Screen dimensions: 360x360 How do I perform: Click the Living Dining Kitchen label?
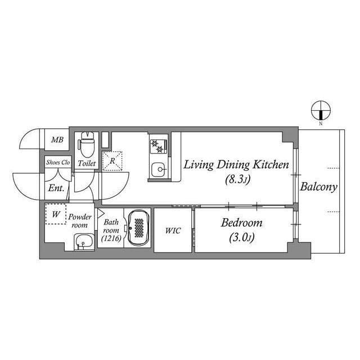click(x=236, y=165)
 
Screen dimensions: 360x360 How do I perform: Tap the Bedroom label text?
click(x=241, y=223)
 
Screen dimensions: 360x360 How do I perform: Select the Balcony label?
click(x=318, y=187)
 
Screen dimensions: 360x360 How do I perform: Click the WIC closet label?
click(x=173, y=231)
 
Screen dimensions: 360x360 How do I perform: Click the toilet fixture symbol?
click(x=87, y=146)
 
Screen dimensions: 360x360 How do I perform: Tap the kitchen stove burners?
click(x=157, y=146)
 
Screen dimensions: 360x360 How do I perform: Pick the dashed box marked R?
click(x=112, y=160)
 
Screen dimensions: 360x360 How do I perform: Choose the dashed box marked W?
click(x=56, y=214)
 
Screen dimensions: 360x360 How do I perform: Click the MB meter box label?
click(x=57, y=140)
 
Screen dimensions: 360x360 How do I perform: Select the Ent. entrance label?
click(x=56, y=188)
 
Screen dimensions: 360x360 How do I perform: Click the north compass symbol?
click(x=320, y=110)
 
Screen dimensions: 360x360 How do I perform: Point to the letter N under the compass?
click(x=320, y=123)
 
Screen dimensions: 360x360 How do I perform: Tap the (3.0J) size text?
click(x=241, y=238)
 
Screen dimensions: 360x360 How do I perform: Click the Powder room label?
click(x=80, y=220)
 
